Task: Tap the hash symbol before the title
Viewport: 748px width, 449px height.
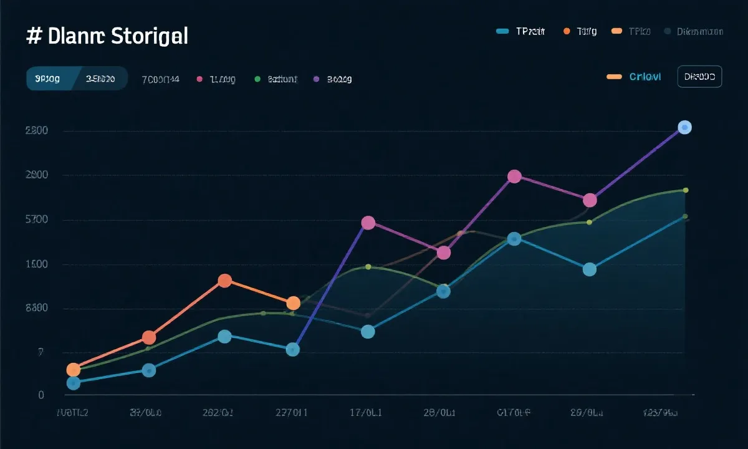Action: point(34,36)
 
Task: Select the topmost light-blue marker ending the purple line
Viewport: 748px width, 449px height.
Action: point(684,127)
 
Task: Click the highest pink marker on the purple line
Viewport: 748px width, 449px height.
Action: point(514,176)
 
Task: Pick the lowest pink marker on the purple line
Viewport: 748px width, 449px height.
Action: point(444,253)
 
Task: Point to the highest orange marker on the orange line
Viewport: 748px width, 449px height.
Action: point(225,281)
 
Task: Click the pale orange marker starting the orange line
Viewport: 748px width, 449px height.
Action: point(74,370)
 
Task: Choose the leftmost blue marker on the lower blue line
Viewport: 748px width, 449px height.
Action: point(74,383)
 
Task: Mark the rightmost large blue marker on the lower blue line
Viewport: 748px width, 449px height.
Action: point(589,269)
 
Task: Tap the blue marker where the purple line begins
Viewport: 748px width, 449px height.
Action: point(292,349)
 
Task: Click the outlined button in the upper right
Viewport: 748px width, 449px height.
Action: point(699,77)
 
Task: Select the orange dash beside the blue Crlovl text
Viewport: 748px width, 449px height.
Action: point(614,77)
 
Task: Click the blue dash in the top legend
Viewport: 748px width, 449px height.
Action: point(504,31)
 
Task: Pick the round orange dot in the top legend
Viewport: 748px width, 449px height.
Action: point(567,31)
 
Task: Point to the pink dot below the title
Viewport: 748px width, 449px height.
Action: point(199,79)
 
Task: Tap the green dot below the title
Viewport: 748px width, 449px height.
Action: point(257,79)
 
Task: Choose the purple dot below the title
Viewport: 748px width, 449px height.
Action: point(316,79)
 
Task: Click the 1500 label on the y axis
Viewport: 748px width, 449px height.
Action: point(37,264)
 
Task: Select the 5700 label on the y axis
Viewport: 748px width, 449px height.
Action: point(37,220)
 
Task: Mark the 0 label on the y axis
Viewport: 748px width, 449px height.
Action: point(41,395)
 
